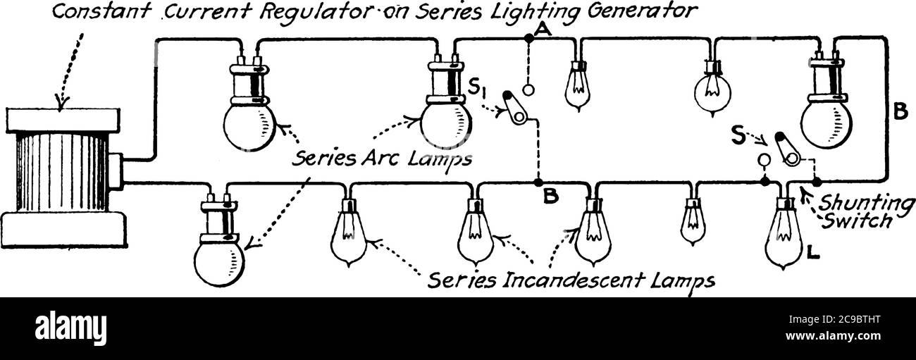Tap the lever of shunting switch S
[x=786, y=148]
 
